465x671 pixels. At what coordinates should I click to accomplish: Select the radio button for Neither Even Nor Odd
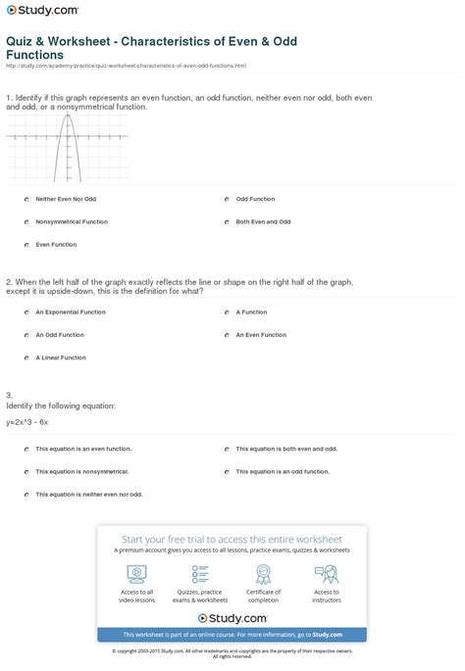point(26,199)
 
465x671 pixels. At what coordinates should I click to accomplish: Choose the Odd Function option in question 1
point(226,199)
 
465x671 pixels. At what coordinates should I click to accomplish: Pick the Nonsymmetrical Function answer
point(26,221)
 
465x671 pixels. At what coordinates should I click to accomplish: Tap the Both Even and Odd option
point(226,221)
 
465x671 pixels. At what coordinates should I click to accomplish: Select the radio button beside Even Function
point(26,244)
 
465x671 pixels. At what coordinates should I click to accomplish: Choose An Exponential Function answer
point(26,312)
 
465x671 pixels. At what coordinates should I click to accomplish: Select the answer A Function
point(226,312)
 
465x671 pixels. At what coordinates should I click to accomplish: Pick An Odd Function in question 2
point(26,335)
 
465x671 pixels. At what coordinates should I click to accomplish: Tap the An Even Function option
point(226,335)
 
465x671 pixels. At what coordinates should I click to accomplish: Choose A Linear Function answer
point(26,358)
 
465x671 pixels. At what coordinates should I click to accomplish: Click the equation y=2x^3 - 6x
point(26,421)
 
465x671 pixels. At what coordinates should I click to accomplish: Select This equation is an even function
point(26,449)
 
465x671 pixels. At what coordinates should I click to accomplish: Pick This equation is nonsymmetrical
point(26,471)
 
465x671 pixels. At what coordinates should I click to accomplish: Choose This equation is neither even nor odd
point(26,495)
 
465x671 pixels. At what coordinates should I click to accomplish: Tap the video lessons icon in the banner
point(136,574)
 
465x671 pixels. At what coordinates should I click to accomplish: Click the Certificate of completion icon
point(263,574)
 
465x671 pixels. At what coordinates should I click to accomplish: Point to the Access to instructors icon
point(327,574)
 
